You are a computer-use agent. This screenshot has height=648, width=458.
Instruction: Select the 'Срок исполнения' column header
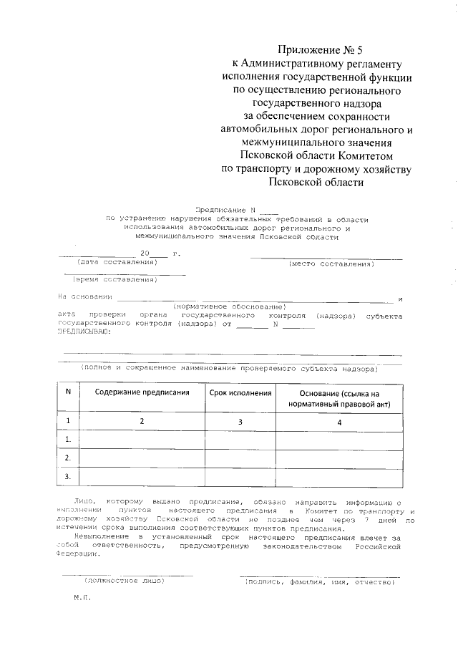point(240,393)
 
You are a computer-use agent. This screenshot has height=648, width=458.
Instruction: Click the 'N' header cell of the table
point(68,392)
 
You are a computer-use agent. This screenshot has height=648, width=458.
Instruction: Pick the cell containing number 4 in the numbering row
point(338,422)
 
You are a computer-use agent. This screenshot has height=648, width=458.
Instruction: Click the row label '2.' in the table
point(68,458)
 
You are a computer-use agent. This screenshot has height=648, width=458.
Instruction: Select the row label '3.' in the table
point(68,476)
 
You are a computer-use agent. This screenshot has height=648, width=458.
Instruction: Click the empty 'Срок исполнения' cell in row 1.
point(240,439)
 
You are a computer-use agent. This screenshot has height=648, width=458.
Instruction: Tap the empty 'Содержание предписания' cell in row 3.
point(142,476)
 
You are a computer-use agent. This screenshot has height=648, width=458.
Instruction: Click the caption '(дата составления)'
point(116,263)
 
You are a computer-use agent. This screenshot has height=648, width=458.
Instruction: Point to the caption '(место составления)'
point(331,263)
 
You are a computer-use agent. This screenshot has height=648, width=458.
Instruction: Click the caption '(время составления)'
point(117,280)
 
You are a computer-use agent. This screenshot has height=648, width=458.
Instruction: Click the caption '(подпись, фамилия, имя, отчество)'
point(319,581)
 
